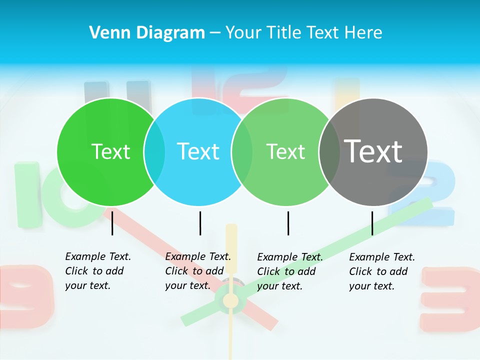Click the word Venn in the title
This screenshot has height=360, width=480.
(107, 33)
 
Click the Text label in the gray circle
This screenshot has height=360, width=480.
(373, 151)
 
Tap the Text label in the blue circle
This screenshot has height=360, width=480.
(198, 151)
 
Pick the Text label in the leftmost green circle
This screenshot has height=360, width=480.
(111, 151)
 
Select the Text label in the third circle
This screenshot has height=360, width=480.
(285, 151)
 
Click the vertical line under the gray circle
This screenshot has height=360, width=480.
(372, 223)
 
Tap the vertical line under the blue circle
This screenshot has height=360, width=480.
(200, 223)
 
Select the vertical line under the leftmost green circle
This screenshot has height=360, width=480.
(112, 223)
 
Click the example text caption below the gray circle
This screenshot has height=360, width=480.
(382, 271)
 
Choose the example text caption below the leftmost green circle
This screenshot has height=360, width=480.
(98, 271)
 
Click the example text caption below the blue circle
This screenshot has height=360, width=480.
(198, 271)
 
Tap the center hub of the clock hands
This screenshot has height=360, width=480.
(230, 300)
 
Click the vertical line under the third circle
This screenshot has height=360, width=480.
(288, 223)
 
